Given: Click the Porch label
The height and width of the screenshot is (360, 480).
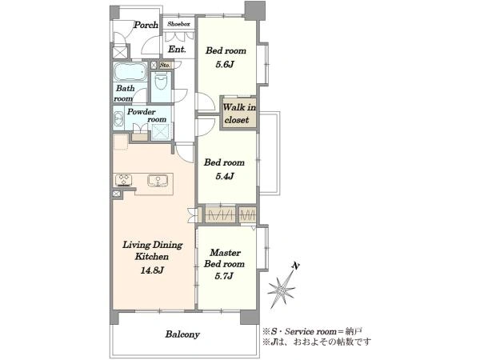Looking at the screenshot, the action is pyautogui.click(x=146, y=25).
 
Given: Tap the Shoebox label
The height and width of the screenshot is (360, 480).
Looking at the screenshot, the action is pyautogui.click(x=178, y=23).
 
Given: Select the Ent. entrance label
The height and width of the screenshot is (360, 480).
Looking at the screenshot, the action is pyautogui.click(x=178, y=49).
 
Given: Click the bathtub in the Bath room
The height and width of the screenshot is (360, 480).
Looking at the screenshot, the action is pyautogui.click(x=130, y=72).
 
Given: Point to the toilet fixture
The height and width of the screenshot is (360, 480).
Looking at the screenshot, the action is pyautogui.click(x=161, y=83).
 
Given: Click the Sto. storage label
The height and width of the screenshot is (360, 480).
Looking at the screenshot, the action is pyautogui.click(x=165, y=66).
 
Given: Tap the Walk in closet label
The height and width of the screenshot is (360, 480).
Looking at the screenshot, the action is pyautogui.click(x=238, y=114).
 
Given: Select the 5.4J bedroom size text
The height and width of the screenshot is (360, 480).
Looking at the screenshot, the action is pyautogui.click(x=224, y=176).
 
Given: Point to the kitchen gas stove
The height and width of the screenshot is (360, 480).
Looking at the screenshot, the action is pyautogui.click(x=124, y=180).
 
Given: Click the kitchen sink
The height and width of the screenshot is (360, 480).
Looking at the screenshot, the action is pyautogui.click(x=158, y=180).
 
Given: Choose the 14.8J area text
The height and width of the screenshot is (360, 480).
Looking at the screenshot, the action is pyautogui.click(x=152, y=270).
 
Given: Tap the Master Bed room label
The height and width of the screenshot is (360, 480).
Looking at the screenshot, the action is pyautogui.click(x=224, y=258).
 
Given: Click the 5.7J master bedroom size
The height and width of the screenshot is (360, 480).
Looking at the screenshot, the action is pyautogui.click(x=224, y=276).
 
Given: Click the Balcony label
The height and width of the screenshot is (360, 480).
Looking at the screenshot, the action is pyautogui.click(x=182, y=334).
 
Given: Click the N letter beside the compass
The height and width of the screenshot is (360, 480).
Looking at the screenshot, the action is pyautogui.click(x=295, y=266).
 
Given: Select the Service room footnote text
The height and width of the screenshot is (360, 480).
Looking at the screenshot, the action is pyautogui.click(x=312, y=331).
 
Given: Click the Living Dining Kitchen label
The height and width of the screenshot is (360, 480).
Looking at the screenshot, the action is pyautogui.click(x=152, y=250).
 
